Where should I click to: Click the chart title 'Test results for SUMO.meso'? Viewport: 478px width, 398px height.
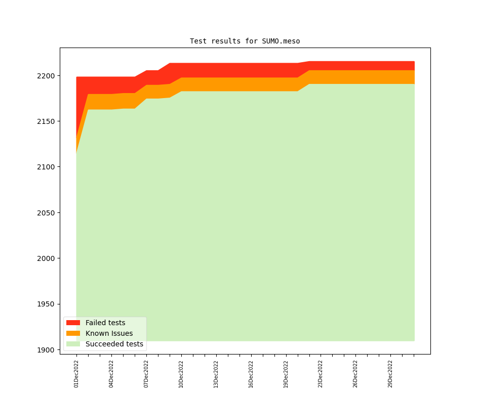[245, 41]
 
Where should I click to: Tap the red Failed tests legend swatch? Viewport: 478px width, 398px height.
[73, 323]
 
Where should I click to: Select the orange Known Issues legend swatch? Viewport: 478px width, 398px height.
[73, 333]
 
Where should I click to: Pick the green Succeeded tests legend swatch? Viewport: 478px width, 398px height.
[73, 344]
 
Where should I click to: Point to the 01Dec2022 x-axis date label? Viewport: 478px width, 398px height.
[76, 374]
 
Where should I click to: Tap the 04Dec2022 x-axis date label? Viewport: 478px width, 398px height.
[111, 374]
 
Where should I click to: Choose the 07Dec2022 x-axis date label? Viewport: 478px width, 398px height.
[146, 374]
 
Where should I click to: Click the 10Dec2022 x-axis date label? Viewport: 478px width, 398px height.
[181, 374]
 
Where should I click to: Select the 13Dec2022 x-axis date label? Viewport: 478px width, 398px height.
[216, 374]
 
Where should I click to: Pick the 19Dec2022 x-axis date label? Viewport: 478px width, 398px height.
[286, 374]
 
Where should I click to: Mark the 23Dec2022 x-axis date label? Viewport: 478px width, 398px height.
[321, 374]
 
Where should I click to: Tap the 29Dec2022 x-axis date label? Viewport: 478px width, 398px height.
[390, 374]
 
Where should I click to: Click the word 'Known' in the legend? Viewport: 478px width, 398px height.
[97, 333]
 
